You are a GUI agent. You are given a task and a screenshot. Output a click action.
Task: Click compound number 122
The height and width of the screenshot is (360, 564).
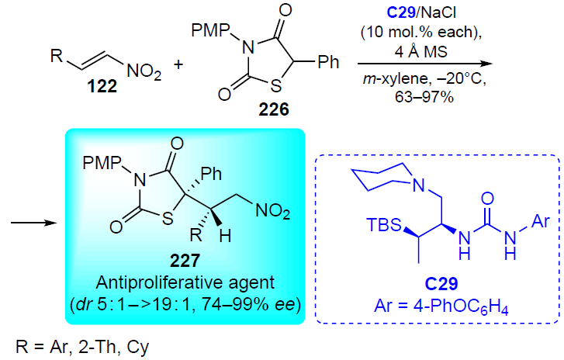tap(102, 86)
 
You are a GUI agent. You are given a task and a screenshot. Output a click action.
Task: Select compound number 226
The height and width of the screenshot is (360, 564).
tap(274, 109)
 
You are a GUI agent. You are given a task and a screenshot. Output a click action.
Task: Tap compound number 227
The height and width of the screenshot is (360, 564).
tap(185, 261)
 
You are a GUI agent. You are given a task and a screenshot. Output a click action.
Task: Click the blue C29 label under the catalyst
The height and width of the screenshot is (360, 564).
tap(441, 284)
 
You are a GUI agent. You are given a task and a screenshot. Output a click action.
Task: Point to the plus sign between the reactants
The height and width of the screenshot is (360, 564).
tap(178, 64)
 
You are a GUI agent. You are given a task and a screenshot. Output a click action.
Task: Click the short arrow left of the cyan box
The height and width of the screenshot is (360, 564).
tap(34, 223)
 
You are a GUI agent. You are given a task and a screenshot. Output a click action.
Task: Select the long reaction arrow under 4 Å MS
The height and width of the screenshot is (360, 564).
tap(425, 64)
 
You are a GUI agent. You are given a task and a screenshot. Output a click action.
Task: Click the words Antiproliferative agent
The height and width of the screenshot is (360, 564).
tap(185, 282)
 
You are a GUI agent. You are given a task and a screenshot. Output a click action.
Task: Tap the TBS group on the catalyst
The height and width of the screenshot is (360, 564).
tap(384, 225)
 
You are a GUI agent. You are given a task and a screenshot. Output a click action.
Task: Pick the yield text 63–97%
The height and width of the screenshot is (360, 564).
tap(424, 97)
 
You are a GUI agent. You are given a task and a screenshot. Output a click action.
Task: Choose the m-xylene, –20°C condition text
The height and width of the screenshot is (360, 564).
tap(424, 79)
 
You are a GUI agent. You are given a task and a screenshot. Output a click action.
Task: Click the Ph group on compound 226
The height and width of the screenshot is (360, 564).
tap(328, 62)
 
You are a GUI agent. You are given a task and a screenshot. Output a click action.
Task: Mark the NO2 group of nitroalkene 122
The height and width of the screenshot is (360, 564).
tap(144, 71)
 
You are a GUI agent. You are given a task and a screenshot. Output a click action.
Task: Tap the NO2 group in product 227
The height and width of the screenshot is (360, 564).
tap(272, 211)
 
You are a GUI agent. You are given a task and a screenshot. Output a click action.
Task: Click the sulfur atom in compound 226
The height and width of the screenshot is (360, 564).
tap(275, 85)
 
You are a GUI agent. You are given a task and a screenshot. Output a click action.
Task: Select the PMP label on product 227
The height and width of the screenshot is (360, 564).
tap(102, 163)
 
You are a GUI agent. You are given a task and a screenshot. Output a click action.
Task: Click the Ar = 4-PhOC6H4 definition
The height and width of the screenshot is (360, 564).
tap(441, 306)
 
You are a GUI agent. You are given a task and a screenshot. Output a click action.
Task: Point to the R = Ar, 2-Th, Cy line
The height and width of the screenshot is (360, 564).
tap(82, 347)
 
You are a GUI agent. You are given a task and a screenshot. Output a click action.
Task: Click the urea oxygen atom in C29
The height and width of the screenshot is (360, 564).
tap(487, 198)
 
